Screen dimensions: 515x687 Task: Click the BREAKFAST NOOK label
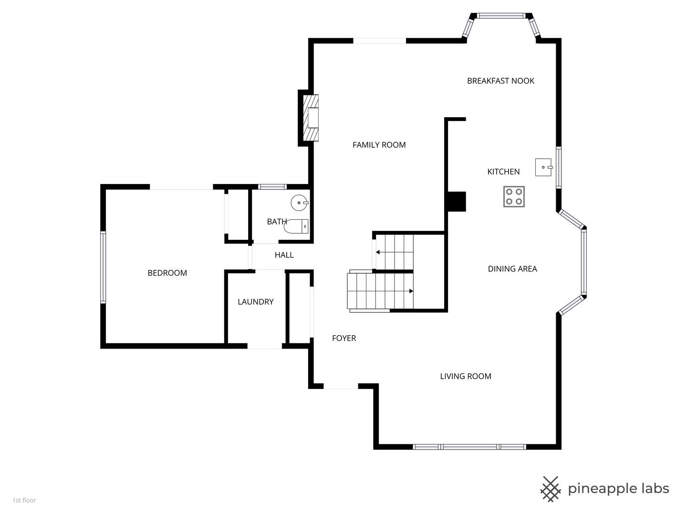(500, 81)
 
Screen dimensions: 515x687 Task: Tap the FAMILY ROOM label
(379, 145)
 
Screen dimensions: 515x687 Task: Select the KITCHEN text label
(503, 172)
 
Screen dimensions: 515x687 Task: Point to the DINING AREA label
(512, 269)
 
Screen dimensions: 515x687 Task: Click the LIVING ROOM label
(465, 376)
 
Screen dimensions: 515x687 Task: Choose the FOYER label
(344, 338)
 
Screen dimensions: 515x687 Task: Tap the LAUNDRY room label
(255, 302)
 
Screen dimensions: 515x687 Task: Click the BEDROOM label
(167, 273)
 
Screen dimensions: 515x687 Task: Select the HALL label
(284, 255)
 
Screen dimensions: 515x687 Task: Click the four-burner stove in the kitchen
(514, 196)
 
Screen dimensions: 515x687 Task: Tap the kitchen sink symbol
(543, 167)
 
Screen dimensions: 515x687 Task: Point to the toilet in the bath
(296, 227)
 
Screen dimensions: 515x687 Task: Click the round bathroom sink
(300, 203)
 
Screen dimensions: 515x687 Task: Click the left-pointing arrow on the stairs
(378, 252)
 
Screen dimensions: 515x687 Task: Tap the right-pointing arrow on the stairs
(410, 291)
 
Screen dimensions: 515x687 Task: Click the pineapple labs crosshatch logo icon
(550, 489)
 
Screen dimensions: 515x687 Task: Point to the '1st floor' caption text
(24, 500)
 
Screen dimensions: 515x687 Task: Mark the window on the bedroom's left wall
(103, 267)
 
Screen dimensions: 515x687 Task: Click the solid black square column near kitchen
(456, 201)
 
